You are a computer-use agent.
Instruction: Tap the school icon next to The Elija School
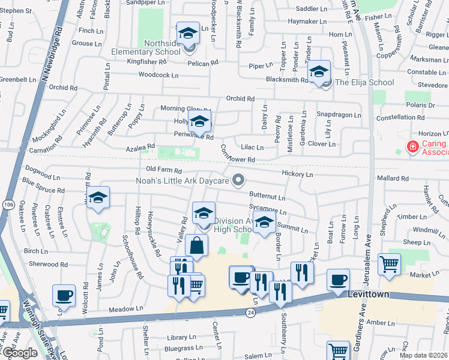pos(319,72)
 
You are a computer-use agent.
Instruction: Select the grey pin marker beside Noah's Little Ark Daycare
pos(239,179)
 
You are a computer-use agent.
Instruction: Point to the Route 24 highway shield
pos(250,312)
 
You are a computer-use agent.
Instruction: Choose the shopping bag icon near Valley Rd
pos(197,246)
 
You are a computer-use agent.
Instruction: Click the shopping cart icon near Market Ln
pos(389,264)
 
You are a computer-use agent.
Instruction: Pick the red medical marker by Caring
pos(412,146)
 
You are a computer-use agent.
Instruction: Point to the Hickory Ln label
pos(298,174)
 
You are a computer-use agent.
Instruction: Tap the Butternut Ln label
pos(267,197)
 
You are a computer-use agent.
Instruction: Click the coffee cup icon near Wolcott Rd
pos(64,295)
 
